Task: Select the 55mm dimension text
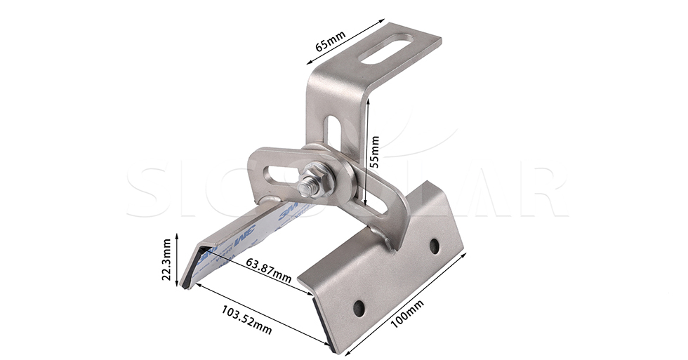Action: pyautogui.click(x=375, y=152)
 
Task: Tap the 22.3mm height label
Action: pyautogui.click(x=166, y=259)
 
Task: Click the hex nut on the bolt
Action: pyautogui.click(x=314, y=172)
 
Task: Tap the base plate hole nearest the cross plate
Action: pyautogui.click(x=434, y=246)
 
